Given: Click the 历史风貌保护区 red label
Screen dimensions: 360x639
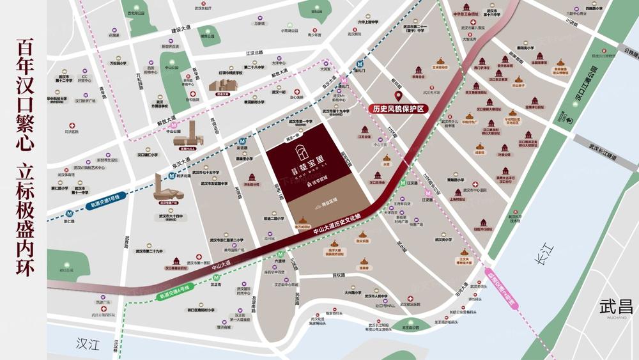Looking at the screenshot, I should click(x=399, y=109).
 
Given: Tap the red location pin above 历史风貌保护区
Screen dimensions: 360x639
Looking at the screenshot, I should click(x=399, y=97).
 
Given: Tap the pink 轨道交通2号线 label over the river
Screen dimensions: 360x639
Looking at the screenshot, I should click(x=504, y=288).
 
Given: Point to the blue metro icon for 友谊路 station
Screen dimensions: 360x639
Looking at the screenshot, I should click(x=242, y=141).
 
